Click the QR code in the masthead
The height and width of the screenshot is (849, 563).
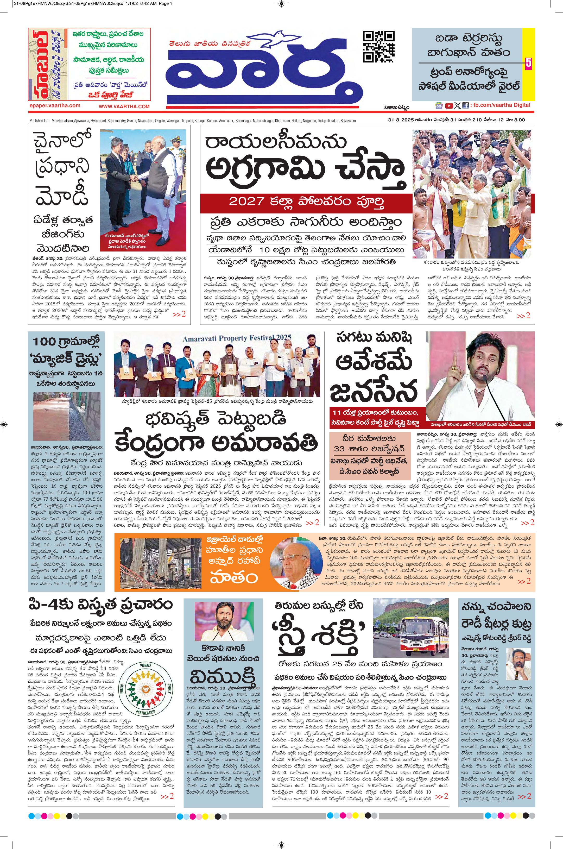tap(378, 47)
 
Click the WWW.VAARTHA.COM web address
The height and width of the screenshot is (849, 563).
tap(124, 107)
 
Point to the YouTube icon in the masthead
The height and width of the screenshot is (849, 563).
tap(448, 106)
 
